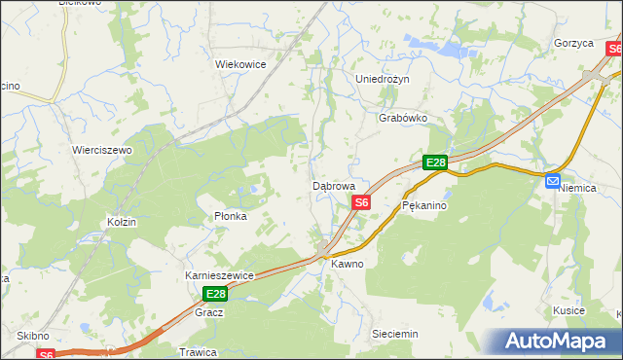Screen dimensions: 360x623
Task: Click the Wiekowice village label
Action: coord(240,64)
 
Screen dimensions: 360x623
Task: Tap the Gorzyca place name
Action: coord(573,44)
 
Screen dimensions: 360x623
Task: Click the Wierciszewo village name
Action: coord(101,151)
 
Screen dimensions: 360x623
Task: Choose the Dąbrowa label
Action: coord(333,185)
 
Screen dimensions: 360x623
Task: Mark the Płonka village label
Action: coord(231,216)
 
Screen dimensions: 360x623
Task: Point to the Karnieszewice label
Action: coord(219,275)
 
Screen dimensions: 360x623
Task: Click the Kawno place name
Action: coord(347,264)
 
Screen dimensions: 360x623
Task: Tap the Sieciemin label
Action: coord(394,334)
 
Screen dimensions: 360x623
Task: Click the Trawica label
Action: coord(197,351)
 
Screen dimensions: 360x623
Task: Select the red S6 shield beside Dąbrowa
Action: coord(361,202)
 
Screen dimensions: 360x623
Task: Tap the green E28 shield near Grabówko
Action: coord(434,163)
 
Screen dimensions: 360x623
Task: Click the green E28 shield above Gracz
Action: coord(215,294)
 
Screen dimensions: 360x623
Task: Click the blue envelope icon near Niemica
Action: coord(553,181)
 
